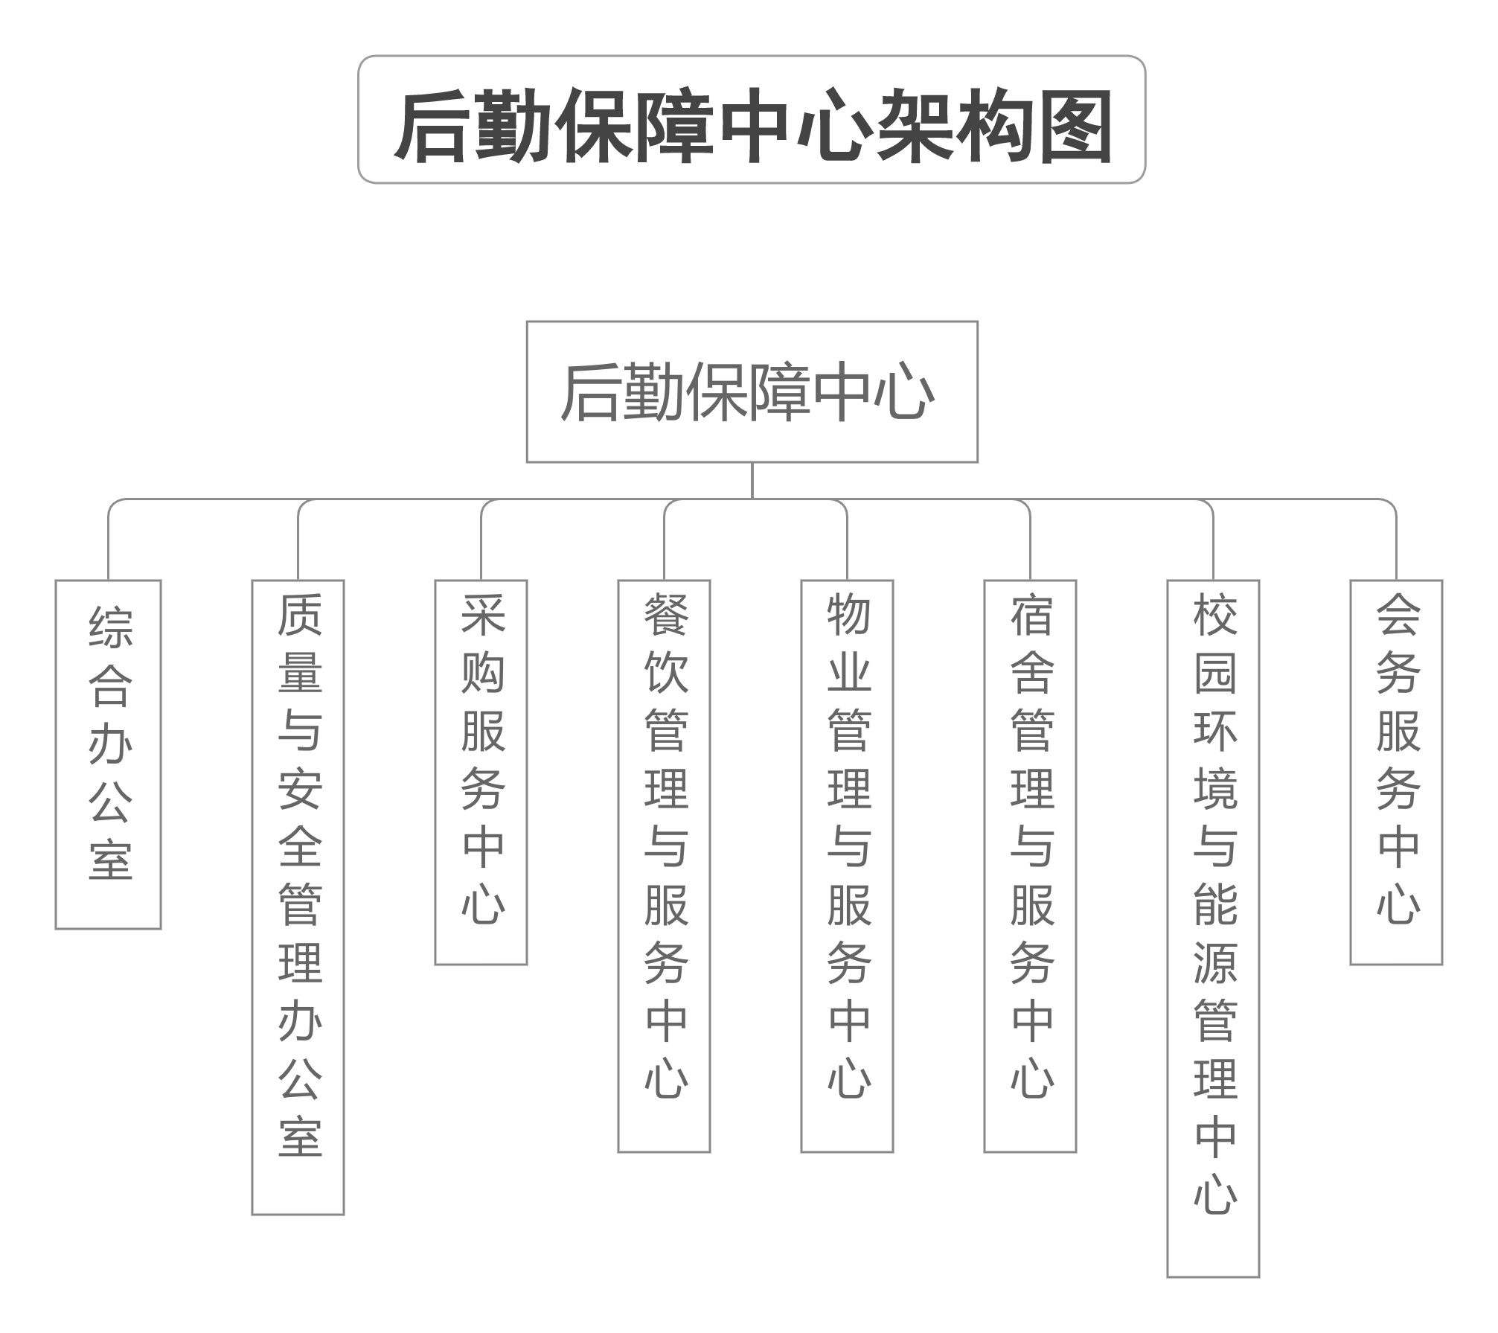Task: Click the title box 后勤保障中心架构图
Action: [x=752, y=119]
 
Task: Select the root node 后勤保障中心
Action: [x=752, y=391]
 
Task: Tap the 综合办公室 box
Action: [x=109, y=754]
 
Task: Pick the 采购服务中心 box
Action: [x=481, y=772]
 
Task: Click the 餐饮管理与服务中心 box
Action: [x=664, y=866]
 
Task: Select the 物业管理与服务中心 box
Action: [x=847, y=866]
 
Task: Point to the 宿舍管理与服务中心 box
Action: [x=1030, y=866]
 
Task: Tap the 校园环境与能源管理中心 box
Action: [x=1213, y=928]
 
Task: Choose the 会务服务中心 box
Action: [x=1396, y=772]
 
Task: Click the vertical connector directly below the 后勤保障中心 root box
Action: [x=752, y=480]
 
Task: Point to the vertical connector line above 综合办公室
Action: [x=109, y=547]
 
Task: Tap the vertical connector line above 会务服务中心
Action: [x=1396, y=547]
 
